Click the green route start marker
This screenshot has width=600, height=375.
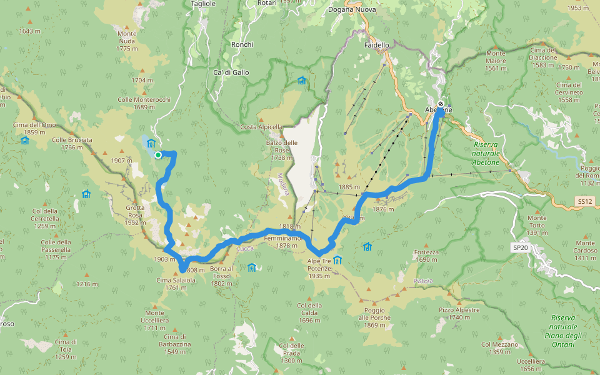coord(158,155)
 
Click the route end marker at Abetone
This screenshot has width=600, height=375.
coord(441,104)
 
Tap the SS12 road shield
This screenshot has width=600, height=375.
coord(584,201)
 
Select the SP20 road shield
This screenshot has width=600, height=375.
coord(519,247)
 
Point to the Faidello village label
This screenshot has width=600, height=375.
coord(376,45)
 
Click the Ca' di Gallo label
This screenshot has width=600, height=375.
coord(231,72)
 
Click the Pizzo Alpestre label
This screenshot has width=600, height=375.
coord(459,314)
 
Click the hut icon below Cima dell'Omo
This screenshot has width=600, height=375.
coord(25,141)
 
